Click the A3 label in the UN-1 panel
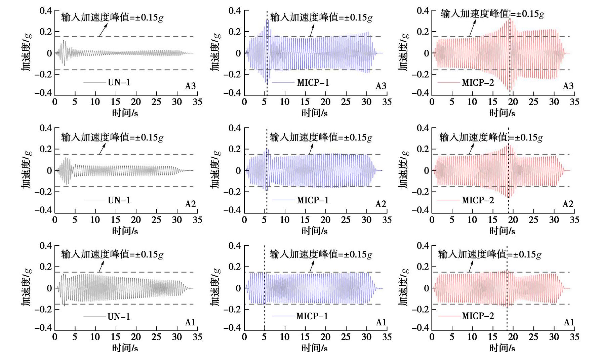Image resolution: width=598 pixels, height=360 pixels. pyautogui.click(x=190, y=86)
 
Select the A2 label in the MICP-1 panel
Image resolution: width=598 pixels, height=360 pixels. pyautogui.click(x=381, y=204)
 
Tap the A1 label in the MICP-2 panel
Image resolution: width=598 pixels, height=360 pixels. pyautogui.click(x=569, y=322)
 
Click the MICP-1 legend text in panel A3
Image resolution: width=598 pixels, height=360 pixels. pyautogui.click(x=313, y=82)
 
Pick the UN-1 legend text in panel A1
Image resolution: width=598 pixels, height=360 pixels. pyautogui.click(x=119, y=316)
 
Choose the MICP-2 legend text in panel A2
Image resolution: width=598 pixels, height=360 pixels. pyautogui.click(x=478, y=200)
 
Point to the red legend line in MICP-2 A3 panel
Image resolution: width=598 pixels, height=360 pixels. pyautogui.click(x=448, y=83)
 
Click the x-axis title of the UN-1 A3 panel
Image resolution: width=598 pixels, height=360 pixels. pyautogui.click(x=125, y=113)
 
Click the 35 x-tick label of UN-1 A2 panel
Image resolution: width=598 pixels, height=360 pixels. pyautogui.click(x=197, y=220)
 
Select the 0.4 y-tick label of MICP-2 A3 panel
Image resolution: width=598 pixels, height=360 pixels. pyautogui.click(x=423, y=11)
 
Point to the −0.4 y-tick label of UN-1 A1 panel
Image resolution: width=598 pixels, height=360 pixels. pyautogui.click(x=43, y=327)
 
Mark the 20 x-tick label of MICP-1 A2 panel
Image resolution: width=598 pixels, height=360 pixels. pyautogui.click(x=325, y=220)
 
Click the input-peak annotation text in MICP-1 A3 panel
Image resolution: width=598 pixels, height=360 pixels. pyautogui.click(x=321, y=17)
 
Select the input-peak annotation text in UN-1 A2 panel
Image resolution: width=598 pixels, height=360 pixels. pyautogui.click(x=112, y=137)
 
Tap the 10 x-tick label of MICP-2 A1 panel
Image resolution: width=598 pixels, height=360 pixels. pyautogui.click(x=472, y=337)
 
